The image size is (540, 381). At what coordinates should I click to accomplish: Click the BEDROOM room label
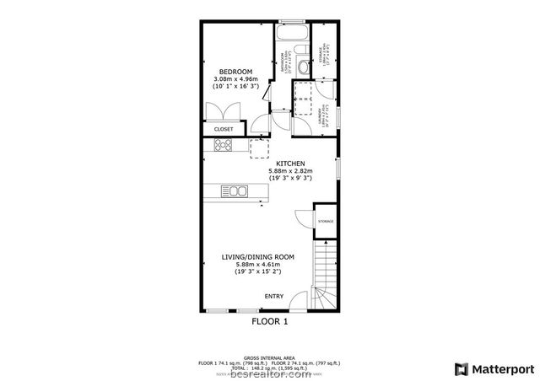[x=235, y=71]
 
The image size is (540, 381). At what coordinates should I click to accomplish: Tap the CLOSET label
[x=224, y=129]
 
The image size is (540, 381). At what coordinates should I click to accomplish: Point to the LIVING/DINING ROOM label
[x=257, y=256]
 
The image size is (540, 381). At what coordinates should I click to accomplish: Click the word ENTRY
[x=274, y=296]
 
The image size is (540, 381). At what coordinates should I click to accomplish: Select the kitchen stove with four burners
[x=224, y=146]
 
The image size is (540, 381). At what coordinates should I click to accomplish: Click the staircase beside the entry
[x=326, y=270]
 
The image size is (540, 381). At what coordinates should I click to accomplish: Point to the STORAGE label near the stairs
[x=325, y=222]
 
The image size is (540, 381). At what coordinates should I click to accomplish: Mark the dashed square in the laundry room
[x=302, y=99]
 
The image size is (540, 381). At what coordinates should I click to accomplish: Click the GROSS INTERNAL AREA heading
[x=269, y=357]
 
